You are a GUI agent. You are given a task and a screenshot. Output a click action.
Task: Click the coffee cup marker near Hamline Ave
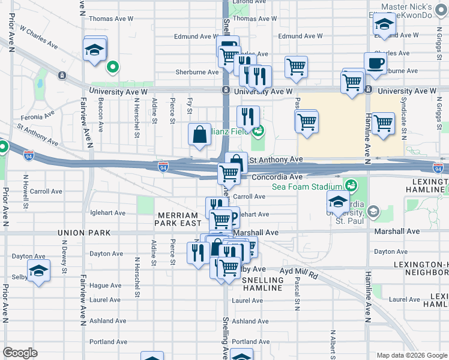375,62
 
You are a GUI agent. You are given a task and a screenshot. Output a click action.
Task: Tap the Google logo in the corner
20,353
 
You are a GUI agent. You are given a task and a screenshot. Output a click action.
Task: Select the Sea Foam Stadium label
303,187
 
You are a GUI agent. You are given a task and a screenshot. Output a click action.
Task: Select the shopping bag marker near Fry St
199,135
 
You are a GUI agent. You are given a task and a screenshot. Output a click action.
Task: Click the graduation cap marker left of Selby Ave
38,271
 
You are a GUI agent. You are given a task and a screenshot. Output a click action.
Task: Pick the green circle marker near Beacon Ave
112,67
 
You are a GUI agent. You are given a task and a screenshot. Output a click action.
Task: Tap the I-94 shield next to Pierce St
163,165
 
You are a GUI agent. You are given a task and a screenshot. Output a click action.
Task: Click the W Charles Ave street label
38,37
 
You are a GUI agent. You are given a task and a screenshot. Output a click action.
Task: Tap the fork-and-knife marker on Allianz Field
247,116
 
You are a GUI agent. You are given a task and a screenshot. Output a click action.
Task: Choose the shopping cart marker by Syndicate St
383,124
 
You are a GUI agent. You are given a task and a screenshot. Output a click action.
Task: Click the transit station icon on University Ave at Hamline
368,90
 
